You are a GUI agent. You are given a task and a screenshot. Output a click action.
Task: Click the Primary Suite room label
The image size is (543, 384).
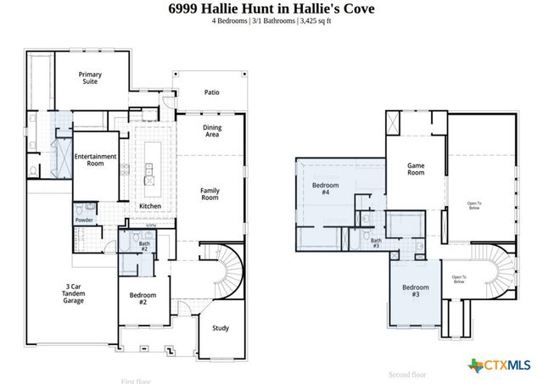pos(91,79)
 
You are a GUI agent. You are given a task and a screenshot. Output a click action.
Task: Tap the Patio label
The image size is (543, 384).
pos(211,92)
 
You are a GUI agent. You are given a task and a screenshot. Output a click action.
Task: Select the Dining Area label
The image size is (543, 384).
pos(211,131)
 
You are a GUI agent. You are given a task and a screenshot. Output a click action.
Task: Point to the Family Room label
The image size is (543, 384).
pos(210,194)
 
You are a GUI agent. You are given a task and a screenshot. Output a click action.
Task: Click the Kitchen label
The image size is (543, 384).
pos(150,206)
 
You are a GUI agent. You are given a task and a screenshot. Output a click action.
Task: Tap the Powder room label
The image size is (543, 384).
pos(84,220)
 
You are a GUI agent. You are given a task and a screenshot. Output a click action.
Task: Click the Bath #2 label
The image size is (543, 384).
pos(143,247)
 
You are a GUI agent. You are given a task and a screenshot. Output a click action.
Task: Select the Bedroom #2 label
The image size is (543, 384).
pos(138,298)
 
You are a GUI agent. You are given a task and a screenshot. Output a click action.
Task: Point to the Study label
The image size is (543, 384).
pos(221,328)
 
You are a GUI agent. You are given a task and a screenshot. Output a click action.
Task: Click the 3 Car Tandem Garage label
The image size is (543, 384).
pos(74,293)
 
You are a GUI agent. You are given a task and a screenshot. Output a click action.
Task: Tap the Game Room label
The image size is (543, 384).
pos(416,169)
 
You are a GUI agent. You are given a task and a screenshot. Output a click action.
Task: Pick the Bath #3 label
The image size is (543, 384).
pos(375,243)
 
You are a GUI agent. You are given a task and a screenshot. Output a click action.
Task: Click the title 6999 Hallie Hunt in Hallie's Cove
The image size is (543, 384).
pos(271,8)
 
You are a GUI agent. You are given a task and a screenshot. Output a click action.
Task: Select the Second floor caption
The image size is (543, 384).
pos(407,374)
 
